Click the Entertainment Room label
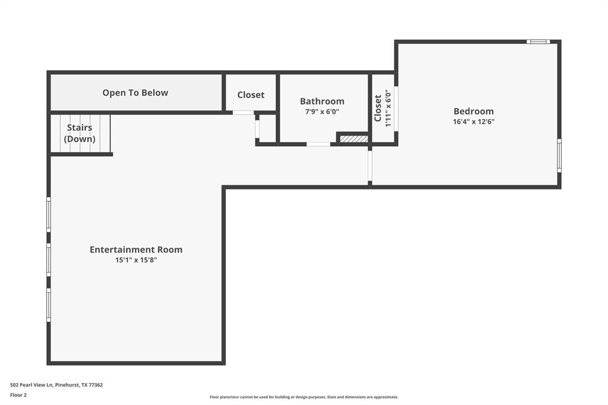point(136,249)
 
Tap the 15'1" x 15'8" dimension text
point(136,260)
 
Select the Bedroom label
point(473,111)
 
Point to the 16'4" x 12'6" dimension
point(473,121)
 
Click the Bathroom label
point(322,101)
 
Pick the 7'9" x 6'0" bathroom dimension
point(322,112)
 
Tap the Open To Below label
point(135,93)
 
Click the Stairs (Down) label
point(80,133)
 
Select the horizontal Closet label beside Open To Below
point(251,94)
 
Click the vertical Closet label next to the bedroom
point(378,108)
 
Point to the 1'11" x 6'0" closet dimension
point(388,108)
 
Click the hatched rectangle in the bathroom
point(354,138)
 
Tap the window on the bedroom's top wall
point(538,42)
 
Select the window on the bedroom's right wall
point(559,156)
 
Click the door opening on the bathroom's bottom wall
point(318,144)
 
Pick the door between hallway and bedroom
point(370,166)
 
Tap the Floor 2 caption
point(18,395)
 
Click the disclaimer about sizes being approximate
point(304,397)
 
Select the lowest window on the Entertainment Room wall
point(49,305)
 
